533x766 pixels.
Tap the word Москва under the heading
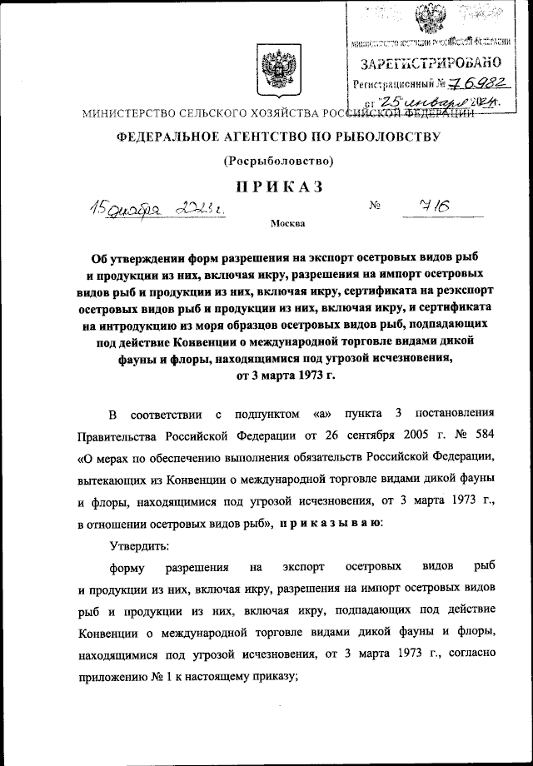click(x=288, y=223)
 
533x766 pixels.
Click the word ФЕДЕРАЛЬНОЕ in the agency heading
click(x=167, y=135)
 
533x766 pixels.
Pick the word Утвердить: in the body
click(x=138, y=545)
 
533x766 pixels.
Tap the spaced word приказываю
click(x=331, y=524)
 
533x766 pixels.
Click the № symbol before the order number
click(x=374, y=205)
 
